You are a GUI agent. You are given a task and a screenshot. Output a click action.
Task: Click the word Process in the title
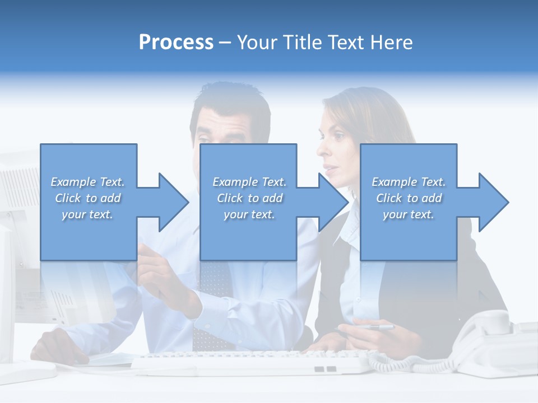click(176, 43)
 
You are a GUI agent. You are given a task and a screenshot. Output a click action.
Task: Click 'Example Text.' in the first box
click(88, 182)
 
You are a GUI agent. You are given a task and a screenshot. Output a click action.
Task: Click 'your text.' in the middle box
click(249, 214)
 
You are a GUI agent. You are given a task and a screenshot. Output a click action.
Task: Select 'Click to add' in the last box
click(409, 198)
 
